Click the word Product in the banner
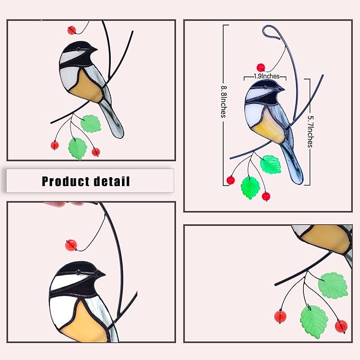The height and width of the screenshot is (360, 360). (x=64, y=181)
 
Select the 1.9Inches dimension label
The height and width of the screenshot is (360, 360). (x=266, y=76)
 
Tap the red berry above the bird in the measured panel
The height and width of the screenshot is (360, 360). (x=260, y=67)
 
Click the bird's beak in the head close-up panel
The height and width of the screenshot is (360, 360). (x=101, y=274)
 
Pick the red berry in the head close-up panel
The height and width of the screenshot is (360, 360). (x=71, y=245)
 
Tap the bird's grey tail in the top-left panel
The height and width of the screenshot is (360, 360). (x=114, y=119)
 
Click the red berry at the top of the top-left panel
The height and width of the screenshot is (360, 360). (x=72, y=30)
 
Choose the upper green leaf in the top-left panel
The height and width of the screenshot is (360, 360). (x=91, y=124)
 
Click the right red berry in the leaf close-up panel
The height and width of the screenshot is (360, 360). (x=341, y=325)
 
